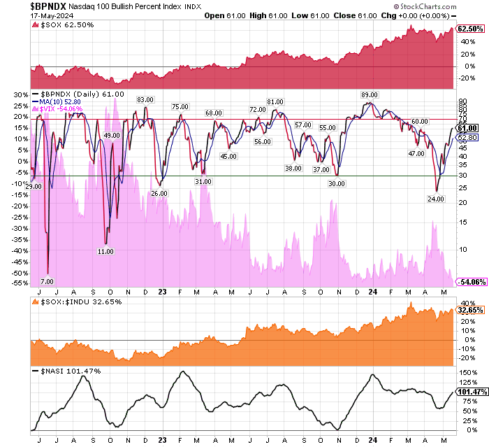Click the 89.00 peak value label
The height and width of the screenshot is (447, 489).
370,95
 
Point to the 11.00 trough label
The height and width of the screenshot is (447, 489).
105,251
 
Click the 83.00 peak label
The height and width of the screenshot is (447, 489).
145,100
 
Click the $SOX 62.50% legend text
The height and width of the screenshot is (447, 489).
66,26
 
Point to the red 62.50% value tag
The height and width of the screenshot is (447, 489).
469,29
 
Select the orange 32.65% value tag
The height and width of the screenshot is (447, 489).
469,309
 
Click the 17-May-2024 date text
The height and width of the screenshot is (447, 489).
23,18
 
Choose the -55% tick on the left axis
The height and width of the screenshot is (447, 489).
20,283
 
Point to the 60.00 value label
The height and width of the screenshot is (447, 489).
419,122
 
